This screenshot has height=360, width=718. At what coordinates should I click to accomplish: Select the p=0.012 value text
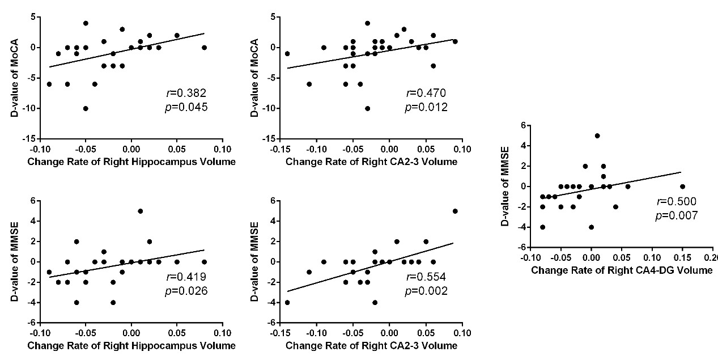coord(427,107)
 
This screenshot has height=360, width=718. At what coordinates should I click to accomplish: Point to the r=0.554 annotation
coord(427,278)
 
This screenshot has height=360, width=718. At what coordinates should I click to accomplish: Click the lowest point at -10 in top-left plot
coord(86,108)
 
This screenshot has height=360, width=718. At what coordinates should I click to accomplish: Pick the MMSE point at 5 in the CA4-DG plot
coord(597,135)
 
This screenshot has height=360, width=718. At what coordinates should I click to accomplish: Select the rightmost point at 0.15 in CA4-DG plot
coord(682,187)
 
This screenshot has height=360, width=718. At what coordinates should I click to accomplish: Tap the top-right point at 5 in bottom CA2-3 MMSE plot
coord(455,211)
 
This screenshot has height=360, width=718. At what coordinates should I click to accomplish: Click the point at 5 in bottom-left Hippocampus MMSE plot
coord(140,211)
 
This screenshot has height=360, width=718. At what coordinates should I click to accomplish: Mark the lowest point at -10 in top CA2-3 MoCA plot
coord(367,108)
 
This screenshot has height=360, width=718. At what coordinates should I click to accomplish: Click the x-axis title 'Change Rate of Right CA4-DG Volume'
coord(622,270)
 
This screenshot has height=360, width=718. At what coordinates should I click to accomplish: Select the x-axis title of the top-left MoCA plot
coord(131,163)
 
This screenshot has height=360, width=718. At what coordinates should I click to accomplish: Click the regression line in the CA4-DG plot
coord(623,183)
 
